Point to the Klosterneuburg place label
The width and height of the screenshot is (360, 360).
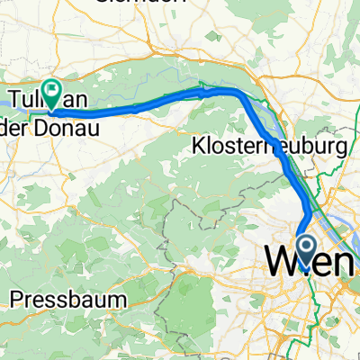(269, 146)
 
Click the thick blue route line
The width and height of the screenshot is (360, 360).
(144, 105)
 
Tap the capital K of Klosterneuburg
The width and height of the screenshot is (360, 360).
(198, 146)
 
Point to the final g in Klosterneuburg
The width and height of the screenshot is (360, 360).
(340, 148)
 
